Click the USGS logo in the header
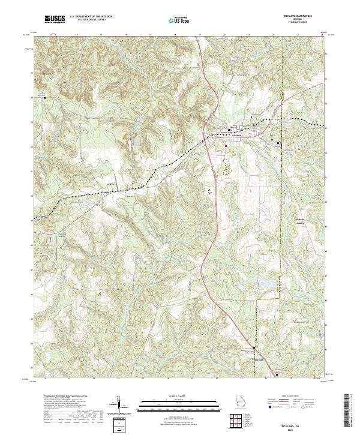tap(55, 19)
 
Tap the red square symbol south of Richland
tap(226, 145)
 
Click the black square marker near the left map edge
tap(43, 96)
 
